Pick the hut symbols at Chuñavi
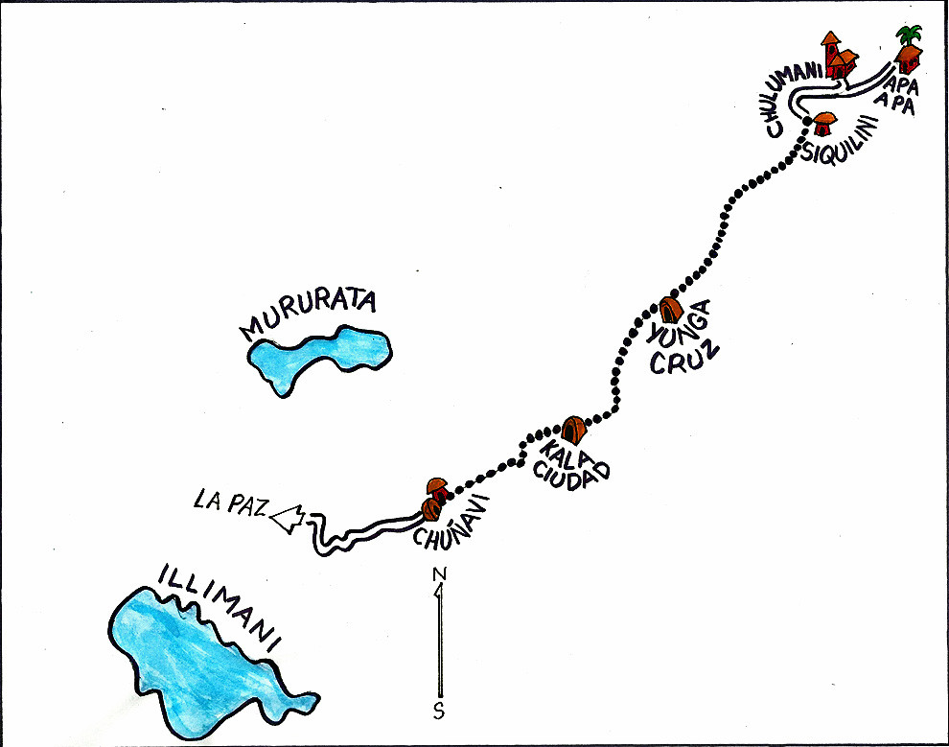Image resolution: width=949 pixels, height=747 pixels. (x=432, y=499)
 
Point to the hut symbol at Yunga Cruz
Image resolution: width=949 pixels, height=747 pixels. (x=670, y=309)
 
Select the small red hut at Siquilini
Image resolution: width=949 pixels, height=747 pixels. (x=824, y=124)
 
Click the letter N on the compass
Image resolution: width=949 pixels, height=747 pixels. (x=440, y=574)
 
